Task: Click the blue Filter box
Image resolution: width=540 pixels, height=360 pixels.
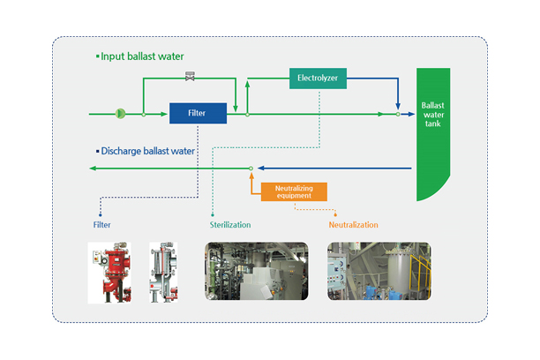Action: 198,113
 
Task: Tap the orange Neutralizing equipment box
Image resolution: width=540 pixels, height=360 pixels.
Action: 292,191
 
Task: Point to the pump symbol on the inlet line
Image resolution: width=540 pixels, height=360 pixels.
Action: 121,113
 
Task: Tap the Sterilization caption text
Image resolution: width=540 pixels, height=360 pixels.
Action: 229,225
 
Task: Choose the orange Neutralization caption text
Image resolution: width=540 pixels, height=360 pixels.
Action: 353,225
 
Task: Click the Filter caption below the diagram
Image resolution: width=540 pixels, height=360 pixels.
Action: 101,225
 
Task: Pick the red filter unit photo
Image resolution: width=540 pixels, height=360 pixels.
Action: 110,272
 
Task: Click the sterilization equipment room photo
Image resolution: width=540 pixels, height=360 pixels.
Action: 256,272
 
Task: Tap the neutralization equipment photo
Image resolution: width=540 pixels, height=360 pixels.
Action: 379,272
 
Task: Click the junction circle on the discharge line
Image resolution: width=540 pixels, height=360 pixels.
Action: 251,168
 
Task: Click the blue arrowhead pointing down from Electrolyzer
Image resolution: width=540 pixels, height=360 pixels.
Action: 398,103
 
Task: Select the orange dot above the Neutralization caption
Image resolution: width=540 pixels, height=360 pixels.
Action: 336,212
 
